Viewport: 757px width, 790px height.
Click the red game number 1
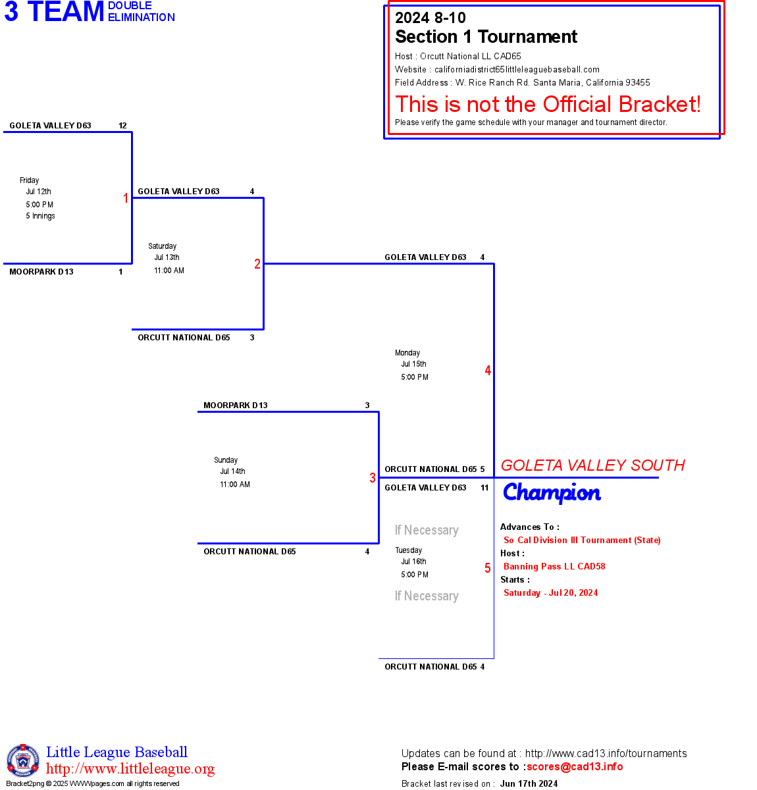126,198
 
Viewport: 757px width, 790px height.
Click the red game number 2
257,264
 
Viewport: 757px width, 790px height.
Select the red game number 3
373,478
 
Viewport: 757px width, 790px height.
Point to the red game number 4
488,371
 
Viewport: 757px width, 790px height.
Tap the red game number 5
488,568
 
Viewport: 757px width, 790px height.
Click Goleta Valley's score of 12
122,126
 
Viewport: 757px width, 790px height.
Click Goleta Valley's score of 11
484,488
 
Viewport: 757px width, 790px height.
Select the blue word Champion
552,493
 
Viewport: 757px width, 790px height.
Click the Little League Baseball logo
23,760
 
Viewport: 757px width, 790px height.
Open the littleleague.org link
130,769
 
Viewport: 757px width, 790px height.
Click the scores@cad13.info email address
575,766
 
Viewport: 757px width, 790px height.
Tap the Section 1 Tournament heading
486,37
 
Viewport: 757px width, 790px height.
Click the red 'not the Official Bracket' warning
548,104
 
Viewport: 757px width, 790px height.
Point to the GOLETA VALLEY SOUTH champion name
592,465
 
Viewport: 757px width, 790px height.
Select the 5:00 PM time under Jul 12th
39,205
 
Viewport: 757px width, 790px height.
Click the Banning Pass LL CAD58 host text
554,566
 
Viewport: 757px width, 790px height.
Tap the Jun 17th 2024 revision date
529,783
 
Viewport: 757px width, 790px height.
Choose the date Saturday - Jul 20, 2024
550,592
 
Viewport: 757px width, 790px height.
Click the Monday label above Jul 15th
407,353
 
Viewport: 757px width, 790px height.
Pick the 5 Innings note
40,216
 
